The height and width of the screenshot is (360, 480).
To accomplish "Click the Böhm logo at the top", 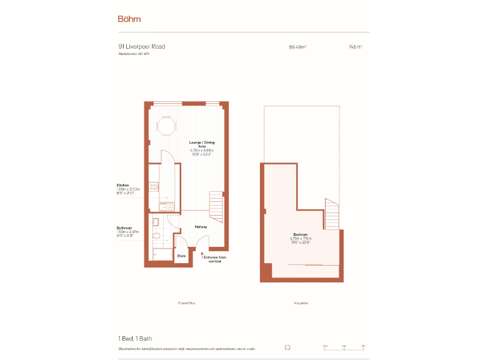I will pyautogui.click(x=129, y=19).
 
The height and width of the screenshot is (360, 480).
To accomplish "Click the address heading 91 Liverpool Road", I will pyautogui.click(x=142, y=46).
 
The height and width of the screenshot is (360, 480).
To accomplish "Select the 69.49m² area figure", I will pyautogui.click(x=297, y=47).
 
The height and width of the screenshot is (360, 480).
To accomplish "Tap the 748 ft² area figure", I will pyautogui.click(x=355, y=47).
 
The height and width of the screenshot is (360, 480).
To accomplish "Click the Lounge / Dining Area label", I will pyautogui.click(x=201, y=144).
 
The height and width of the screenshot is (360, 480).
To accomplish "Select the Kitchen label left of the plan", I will pyautogui.click(x=122, y=186).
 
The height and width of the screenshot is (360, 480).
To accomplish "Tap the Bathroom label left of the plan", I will pyautogui.click(x=124, y=227).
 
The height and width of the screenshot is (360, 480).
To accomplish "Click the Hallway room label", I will pyautogui.click(x=201, y=227).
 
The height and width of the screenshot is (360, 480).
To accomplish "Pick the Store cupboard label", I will pyautogui.click(x=181, y=256).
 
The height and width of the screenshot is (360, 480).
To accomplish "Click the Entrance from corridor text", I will pyautogui.click(x=214, y=259).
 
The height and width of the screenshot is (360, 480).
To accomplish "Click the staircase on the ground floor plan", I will pyautogui.click(x=216, y=207).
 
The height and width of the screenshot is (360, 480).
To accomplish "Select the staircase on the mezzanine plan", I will pyautogui.click(x=332, y=214).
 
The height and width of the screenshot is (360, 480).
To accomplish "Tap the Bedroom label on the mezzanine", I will pyautogui.click(x=301, y=234).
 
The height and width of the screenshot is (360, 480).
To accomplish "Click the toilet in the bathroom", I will pyautogui.click(x=156, y=236).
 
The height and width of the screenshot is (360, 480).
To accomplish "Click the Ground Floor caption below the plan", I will pyautogui.click(x=187, y=303).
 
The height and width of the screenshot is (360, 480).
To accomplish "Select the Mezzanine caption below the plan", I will pyautogui.click(x=301, y=303).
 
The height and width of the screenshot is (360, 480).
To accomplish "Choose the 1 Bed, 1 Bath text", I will pyautogui.click(x=135, y=338).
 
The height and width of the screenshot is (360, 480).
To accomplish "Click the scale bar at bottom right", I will pyautogui.click(x=344, y=347).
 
